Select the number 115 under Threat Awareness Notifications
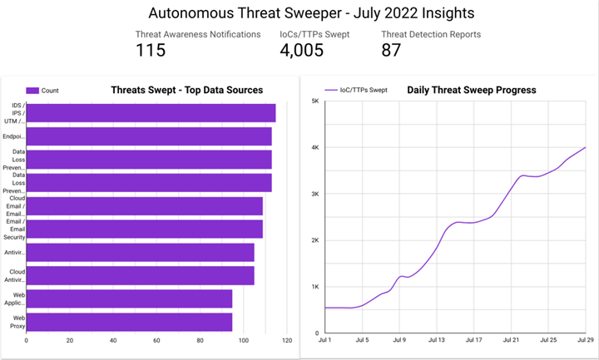(151, 50)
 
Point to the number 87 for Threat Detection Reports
(391, 50)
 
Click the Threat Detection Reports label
(430, 34)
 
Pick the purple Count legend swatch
(32, 91)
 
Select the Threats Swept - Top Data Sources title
(186, 90)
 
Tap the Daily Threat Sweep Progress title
(471, 90)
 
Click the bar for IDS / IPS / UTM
(151, 113)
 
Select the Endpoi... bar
(149, 136)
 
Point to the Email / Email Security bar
(145, 229)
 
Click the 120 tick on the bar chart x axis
(287, 340)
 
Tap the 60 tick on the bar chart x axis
(156, 340)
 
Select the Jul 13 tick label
(435, 340)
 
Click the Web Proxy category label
(17, 322)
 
